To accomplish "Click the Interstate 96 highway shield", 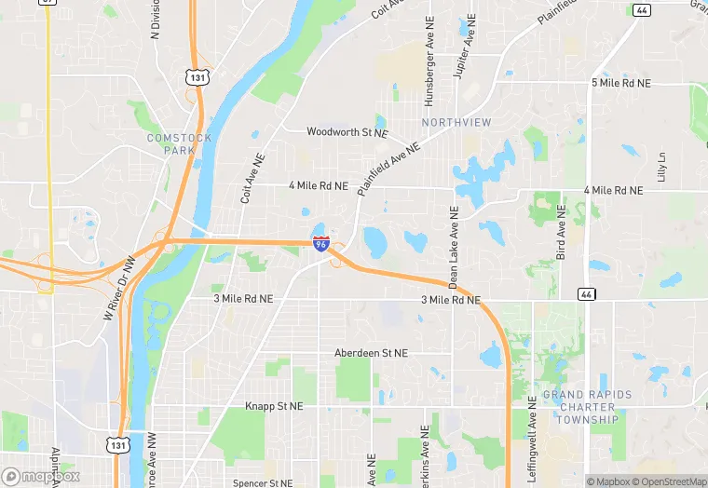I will click(320, 244).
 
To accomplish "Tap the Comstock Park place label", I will click(179, 143).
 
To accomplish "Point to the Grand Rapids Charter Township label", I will click(587, 407).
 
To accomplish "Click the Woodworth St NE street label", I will click(346, 132).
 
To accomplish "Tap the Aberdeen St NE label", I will click(371, 354).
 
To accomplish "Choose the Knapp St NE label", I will click(274, 407).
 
